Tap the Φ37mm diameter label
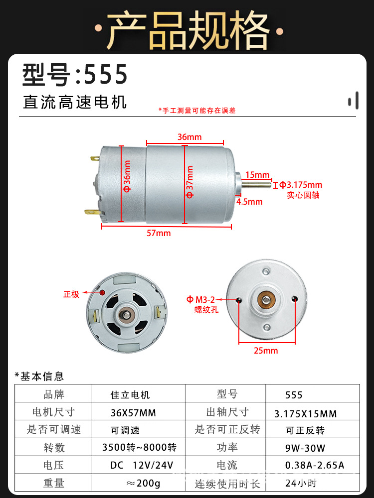pos(189,181)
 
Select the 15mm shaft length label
pos(257,175)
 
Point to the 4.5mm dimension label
pos(249,202)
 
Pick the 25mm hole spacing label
pos(266,351)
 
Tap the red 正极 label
pos(71,294)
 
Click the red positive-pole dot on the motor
pos(102,292)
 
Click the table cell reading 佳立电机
pos(130,395)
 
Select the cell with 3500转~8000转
pos(139,447)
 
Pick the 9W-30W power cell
pos(302,447)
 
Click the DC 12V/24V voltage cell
pos(142,465)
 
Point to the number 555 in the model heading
pos(106,74)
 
